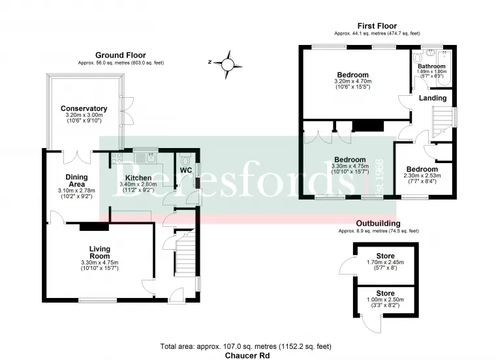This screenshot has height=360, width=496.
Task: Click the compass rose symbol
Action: point(227,65)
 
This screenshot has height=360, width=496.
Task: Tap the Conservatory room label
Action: point(84,108)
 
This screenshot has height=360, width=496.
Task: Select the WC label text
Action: point(186,170)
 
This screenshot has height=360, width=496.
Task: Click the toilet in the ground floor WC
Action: point(185,160)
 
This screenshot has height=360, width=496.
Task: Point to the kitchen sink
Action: point(145,157)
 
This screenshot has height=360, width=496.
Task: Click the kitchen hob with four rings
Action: point(117,158)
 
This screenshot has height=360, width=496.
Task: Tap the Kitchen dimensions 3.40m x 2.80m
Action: point(138,185)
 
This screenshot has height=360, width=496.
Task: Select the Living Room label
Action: point(100,252)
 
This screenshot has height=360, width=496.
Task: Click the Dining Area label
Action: point(76,181)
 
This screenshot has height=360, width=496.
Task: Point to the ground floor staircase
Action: point(185,253)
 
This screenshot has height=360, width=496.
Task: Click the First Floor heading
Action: point(377,26)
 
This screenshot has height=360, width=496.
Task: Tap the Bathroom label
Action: point(431,66)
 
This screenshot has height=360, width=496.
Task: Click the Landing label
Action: point(433,98)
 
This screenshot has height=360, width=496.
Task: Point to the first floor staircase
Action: point(442,122)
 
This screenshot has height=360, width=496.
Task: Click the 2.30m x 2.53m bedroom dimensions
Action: point(422,175)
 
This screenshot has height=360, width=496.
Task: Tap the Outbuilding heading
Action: point(379,224)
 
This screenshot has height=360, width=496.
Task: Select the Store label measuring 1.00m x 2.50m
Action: point(385,293)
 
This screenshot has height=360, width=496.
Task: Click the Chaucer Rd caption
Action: point(247,355)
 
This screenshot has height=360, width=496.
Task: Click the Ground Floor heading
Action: point(121,55)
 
